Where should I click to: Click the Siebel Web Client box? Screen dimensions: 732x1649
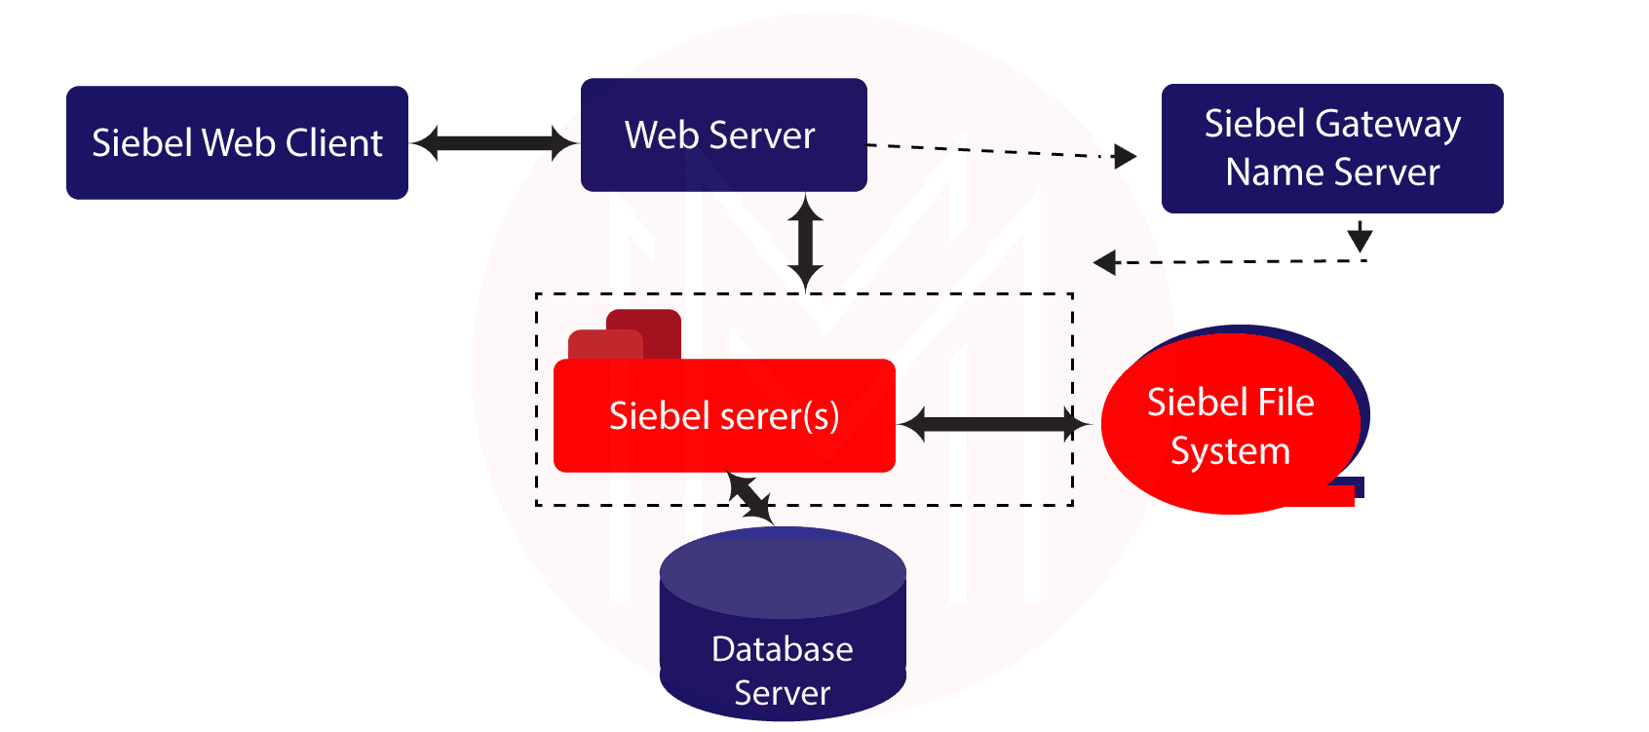click(x=237, y=142)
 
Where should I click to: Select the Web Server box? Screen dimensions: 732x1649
click(x=723, y=135)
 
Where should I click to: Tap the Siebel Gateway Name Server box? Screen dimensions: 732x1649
click(x=1332, y=148)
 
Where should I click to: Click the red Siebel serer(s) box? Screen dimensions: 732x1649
click(x=724, y=416)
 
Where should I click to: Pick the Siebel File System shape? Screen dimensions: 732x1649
click(x=1230, y=426)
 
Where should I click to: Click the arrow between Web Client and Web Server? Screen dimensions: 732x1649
click(x=494, y=142)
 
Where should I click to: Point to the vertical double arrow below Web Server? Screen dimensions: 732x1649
click(x=805, y=241)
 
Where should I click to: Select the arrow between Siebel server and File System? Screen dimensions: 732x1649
click(x=994, y=424)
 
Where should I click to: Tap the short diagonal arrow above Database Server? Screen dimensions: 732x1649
click(x=750, y=498)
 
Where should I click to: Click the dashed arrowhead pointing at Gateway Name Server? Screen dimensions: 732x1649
click(x=1125, y=156)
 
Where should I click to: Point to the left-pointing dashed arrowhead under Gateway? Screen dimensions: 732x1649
click(x=1105, y=262)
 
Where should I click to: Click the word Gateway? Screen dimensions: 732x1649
click(x=1388, y=125)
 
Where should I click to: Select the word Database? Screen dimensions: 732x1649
click(x=782, y=649)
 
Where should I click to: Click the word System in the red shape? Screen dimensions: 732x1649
click(x=1230, y=451)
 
